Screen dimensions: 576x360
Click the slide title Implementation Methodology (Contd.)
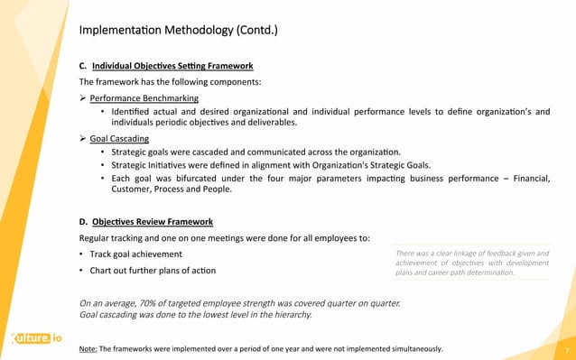179,32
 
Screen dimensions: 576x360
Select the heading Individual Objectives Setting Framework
172,66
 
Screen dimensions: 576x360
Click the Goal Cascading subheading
120,139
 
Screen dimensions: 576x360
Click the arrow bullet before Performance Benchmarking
83,98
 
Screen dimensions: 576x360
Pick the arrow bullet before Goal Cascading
83,139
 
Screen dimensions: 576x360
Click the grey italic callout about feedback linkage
472,263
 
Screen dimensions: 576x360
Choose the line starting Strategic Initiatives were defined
280,165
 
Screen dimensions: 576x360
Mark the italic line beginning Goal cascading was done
197,315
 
